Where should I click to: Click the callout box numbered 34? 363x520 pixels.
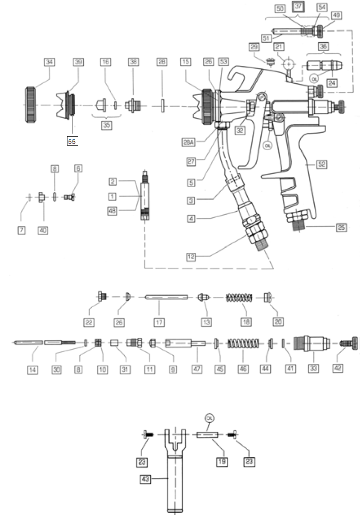(x=49, y=62)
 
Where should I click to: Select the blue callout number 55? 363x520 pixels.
(x=72, y=141)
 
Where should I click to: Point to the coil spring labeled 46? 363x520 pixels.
(x=242, y=343)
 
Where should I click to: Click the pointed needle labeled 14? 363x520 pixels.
(x=28, y=342)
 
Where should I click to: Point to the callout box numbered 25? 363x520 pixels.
(x=341, y=228)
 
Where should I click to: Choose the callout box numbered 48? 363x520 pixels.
(x=112, y=210)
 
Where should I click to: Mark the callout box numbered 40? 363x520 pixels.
(x=43, y=230)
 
